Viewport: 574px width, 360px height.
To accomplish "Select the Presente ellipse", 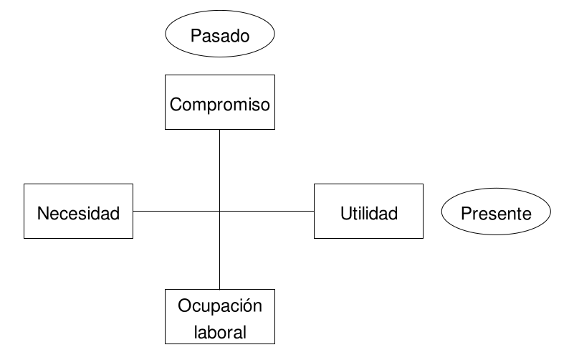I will coord(496,213).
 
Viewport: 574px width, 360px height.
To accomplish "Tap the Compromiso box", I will coord(220,102).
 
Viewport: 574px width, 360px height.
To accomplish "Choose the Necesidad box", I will coord(78,212).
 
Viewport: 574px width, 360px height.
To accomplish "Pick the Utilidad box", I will coord(368,212).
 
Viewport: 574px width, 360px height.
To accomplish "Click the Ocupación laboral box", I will coord(219,316).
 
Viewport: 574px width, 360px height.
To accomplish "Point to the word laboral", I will coord(220,332).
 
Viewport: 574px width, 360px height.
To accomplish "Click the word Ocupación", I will coord(220,307).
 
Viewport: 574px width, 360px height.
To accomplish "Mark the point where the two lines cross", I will coord(219,212).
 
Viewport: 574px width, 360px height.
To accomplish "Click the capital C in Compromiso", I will coord(176,105).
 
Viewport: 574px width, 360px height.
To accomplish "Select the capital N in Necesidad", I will coord(43,213).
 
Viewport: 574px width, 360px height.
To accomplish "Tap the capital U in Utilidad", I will coord(345,213).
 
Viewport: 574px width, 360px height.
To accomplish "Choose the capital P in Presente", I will coord(467,213).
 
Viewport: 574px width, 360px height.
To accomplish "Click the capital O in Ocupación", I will coord(183,307).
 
